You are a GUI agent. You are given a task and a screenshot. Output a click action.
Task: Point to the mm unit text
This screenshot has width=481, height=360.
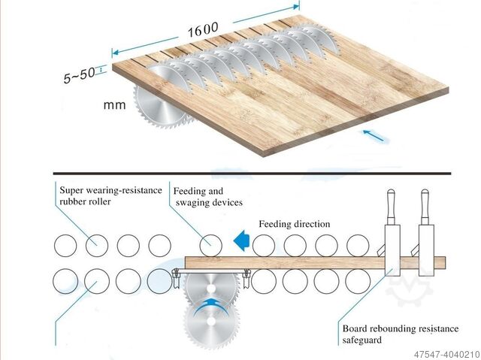pyautogui.click(x=114, y=105)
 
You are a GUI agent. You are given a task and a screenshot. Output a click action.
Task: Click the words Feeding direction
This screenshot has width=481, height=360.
pyautogui.click(x=294, y=224)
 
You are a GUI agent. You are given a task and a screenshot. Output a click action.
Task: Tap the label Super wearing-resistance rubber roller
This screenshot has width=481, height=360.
pyautogui.click(x=110, y=195)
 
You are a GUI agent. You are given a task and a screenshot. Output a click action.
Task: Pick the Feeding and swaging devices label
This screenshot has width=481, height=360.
pyautogui.click(x=207, y=195)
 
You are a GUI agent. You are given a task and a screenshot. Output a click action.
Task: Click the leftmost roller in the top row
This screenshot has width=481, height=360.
pyautogui.click(x=65, y=245)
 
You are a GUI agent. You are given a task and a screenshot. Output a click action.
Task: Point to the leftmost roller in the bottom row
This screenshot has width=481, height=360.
pyautogui.click(x=65, y=281)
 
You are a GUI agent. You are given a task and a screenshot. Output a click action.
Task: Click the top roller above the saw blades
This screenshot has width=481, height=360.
pyautogui.click(x=210, y=245)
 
